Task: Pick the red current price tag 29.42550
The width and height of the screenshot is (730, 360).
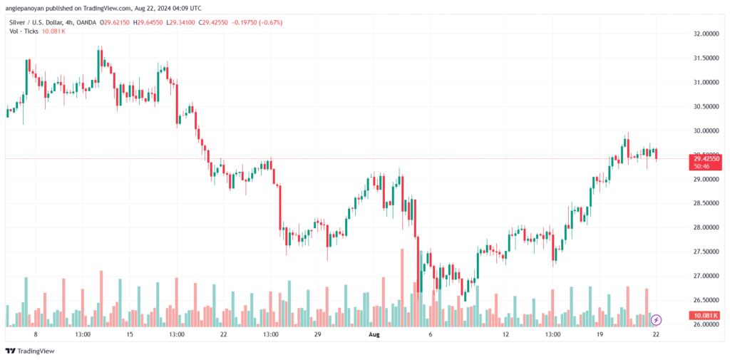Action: point(705,158)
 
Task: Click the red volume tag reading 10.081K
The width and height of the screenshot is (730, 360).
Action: point(705,315)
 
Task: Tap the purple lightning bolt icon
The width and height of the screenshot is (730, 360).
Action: point(657,319)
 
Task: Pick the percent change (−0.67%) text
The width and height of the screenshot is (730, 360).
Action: point(269,22)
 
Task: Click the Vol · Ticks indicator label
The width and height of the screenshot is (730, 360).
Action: point(24,31)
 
